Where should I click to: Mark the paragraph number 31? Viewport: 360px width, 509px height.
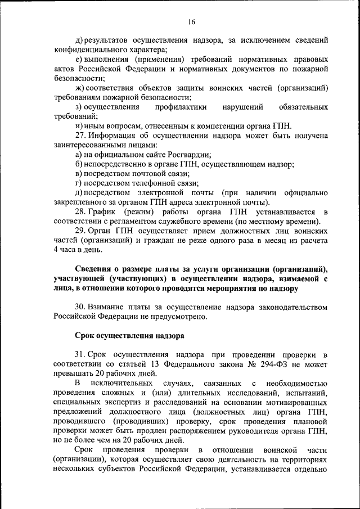pyautogui.click(x=79, y=355)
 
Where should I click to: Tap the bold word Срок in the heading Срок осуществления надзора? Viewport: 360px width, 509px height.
pyautogui.click(x=84, y=336)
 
